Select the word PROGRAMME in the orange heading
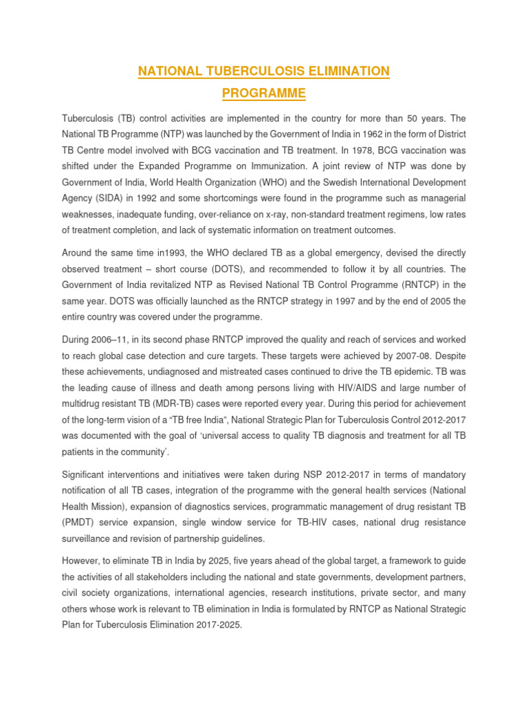point(263,93)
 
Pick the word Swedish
point(329,182)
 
